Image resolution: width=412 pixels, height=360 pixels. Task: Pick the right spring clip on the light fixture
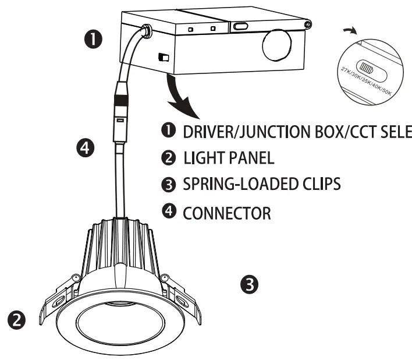point(182,300)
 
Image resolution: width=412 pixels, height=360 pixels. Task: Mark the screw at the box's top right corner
point(306,24)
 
